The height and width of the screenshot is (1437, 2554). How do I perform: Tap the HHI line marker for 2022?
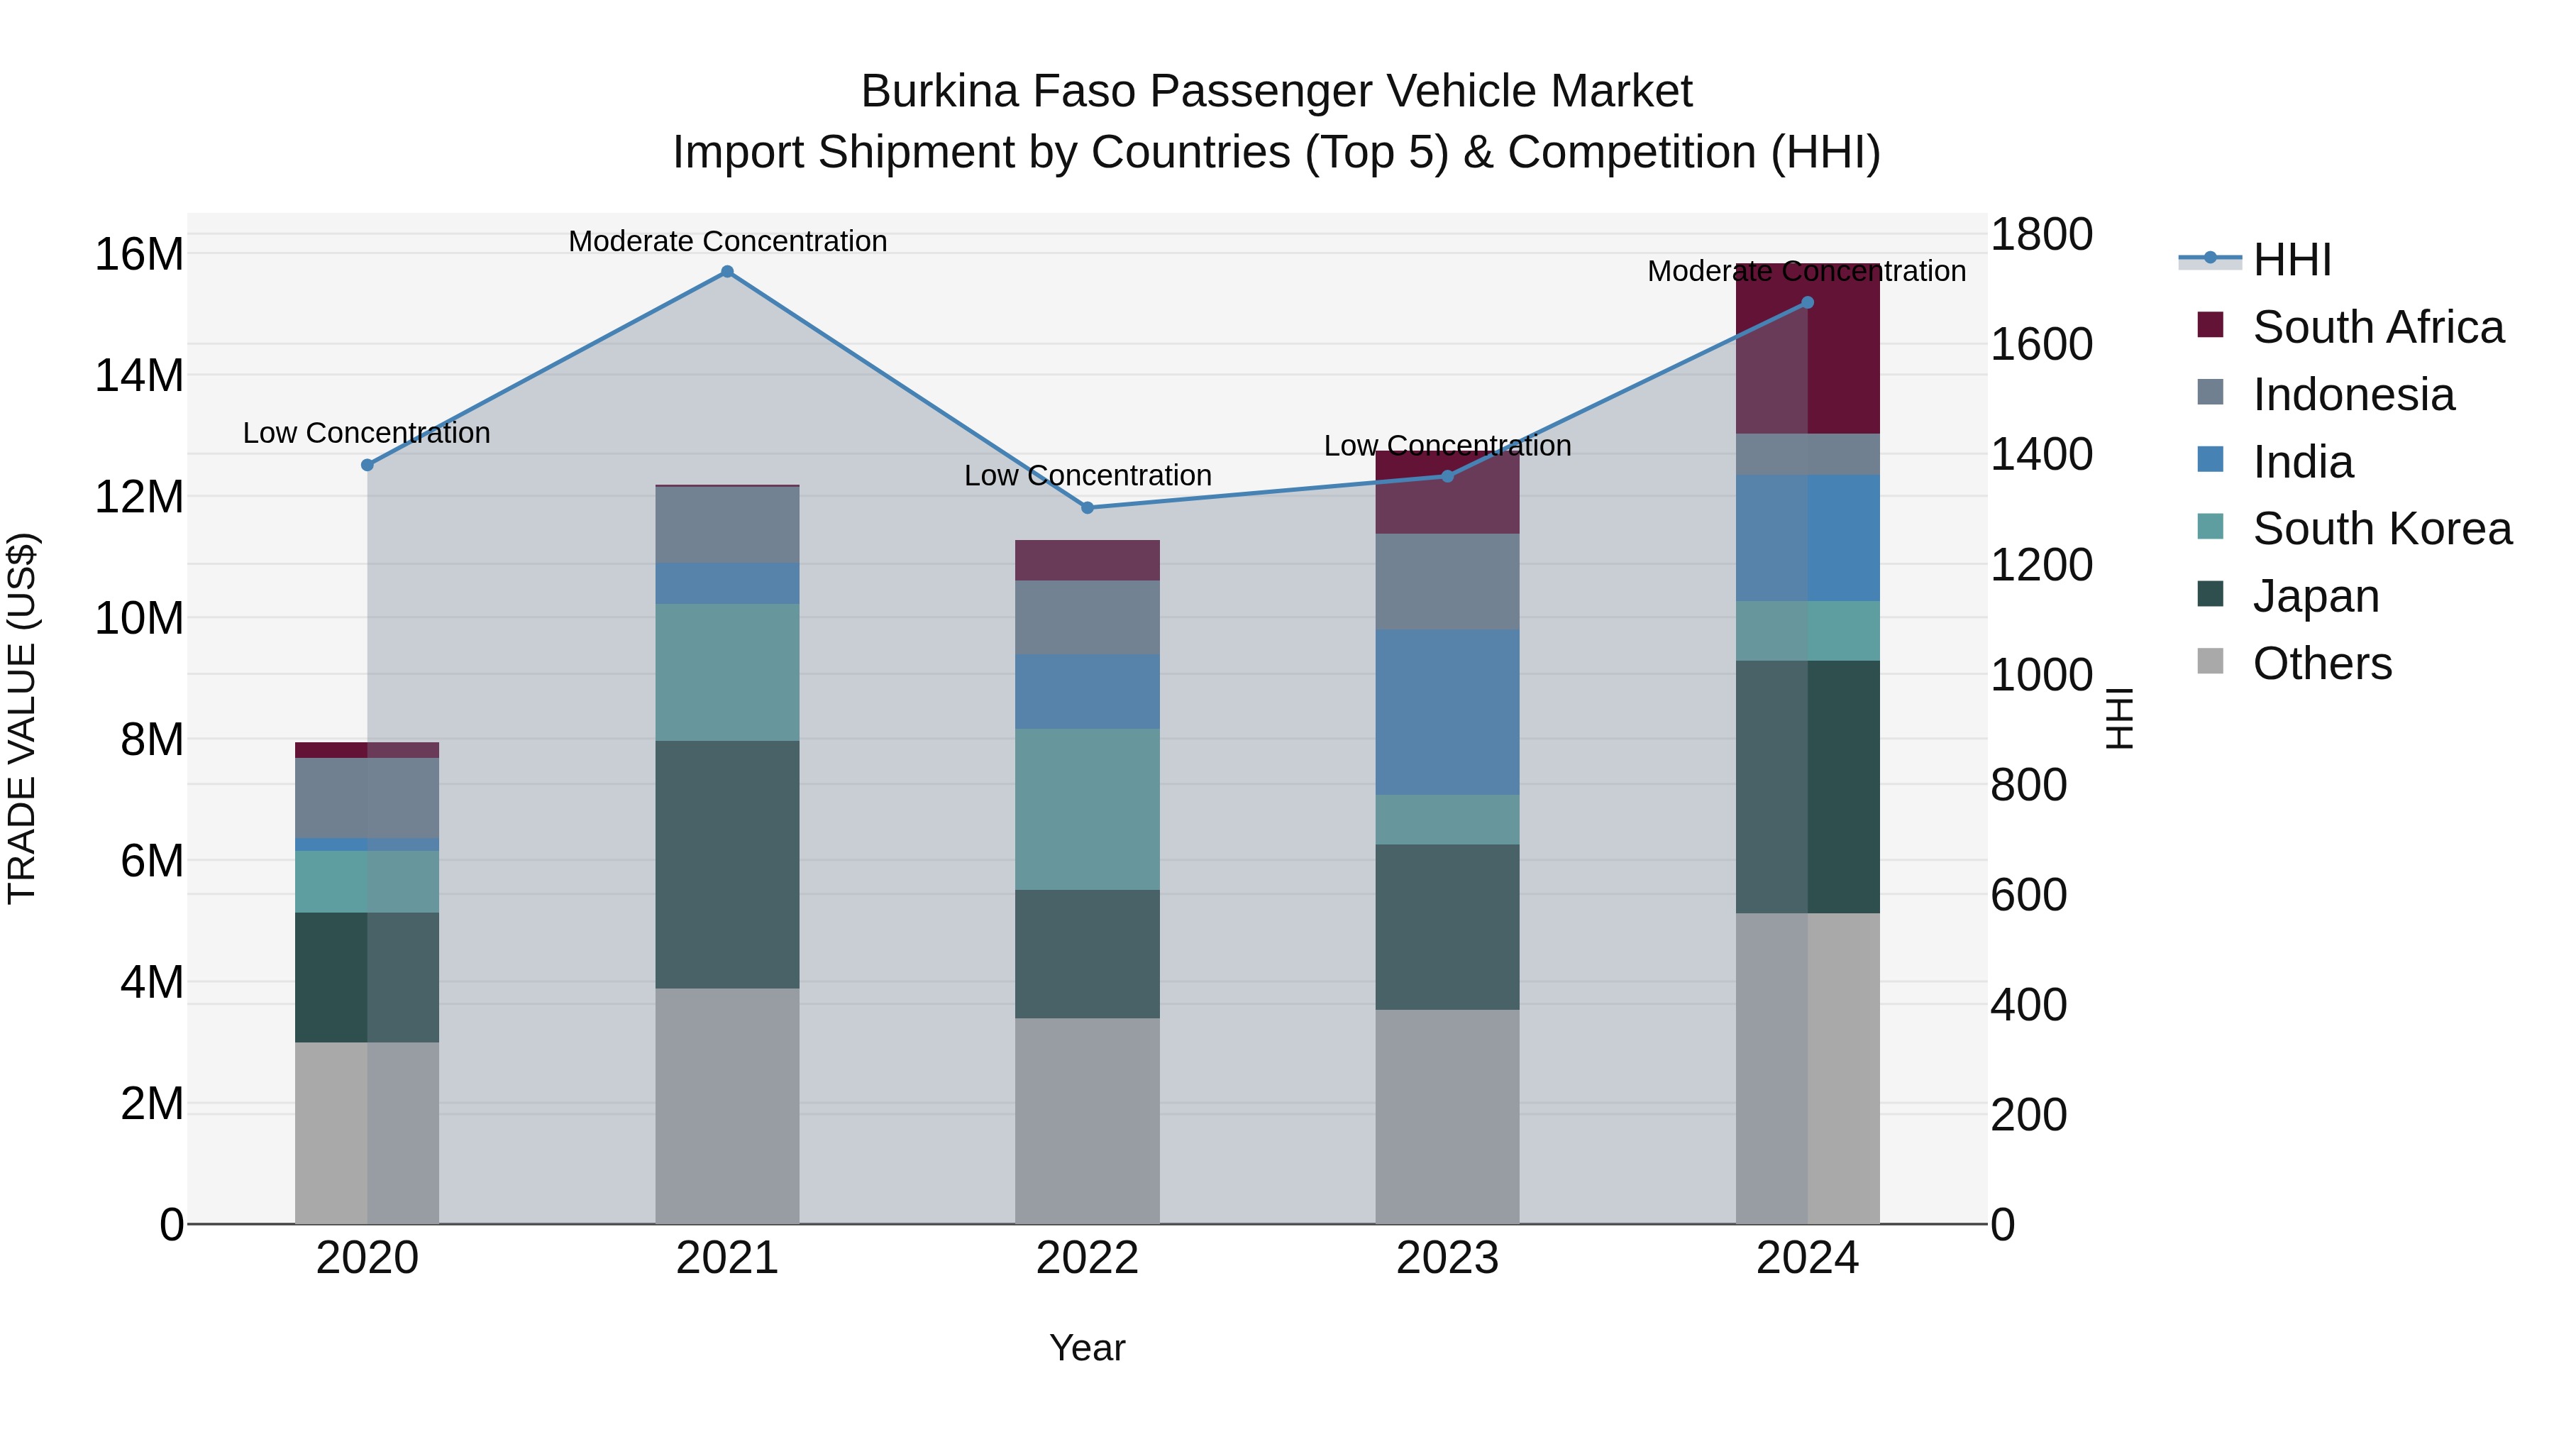(x=1087, y=508)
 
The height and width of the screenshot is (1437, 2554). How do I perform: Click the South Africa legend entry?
(x=2377, y=327)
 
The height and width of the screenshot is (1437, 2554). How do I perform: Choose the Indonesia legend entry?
(x=2353, y=395)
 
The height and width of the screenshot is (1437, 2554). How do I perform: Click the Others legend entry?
(x=2321, y=664)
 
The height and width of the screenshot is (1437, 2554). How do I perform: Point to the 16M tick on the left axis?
(x=139, y=255)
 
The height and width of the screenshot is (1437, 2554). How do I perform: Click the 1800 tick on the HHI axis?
(x=2040, y=235)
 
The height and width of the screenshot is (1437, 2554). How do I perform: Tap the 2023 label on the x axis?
(x=1447, y=1258)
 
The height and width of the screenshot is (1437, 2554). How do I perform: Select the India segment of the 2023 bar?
(x=1447, y=711)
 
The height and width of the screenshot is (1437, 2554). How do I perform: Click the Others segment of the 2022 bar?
(x=1087, y=1121)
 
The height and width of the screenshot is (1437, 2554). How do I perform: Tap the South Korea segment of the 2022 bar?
(x=1087, y=809)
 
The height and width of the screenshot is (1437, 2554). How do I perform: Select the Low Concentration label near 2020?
(x=366, y=434)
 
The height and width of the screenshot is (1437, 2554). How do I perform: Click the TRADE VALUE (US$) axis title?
(x=23, y=718)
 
